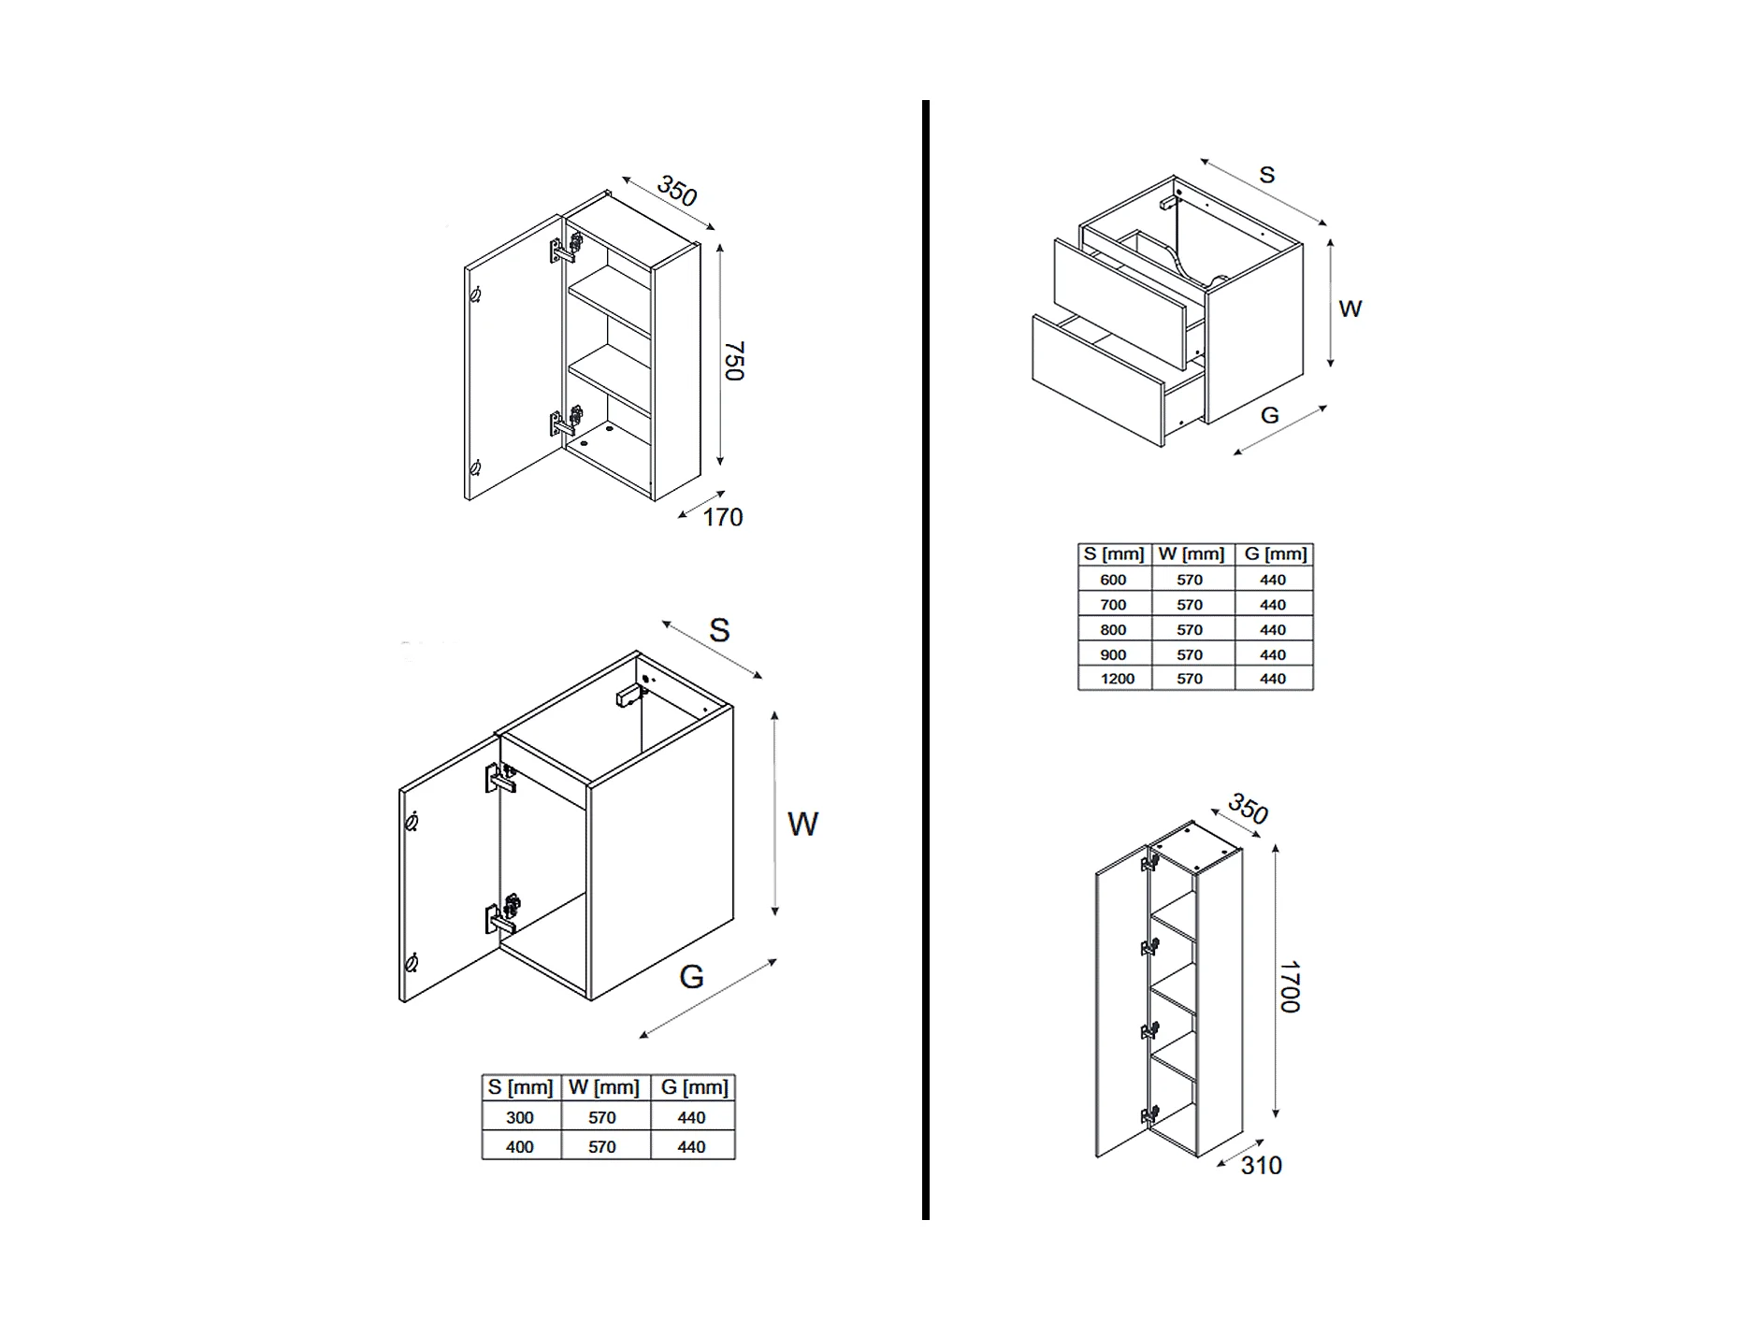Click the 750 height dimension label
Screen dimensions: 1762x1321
pos(734,361)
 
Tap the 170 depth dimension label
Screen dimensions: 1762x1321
pos(722,518)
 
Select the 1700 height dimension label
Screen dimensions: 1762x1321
pos(1290,986)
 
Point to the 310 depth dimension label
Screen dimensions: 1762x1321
pos(1261,1166)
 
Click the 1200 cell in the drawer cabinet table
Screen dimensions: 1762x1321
pos(1117,679)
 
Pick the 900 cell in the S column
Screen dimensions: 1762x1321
pos(1113,654)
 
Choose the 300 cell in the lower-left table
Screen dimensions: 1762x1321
pos(520,1117)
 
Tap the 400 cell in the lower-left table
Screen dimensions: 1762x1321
pos(520,1146)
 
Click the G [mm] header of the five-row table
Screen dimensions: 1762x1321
pos(1275,554)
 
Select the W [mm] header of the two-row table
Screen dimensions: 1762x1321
pos(604,1087)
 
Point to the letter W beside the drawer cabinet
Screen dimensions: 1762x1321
pos(1350,309)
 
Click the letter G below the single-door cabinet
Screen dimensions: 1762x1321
pos(691,977)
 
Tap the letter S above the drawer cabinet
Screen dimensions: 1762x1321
pos(1267,175)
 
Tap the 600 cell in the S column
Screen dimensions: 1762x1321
pos(1113,580)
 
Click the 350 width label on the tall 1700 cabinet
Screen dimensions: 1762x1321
pos(1248,809)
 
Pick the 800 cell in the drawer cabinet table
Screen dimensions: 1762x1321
pos(1113,630)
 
